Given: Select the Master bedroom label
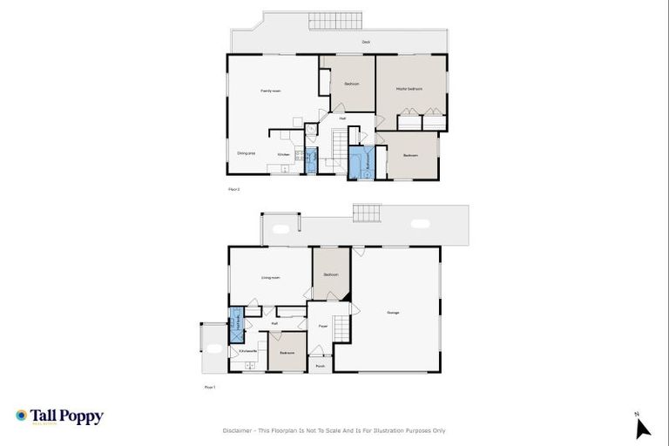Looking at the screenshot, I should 409,89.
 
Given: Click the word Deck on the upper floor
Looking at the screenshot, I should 367,42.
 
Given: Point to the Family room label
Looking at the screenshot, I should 270,90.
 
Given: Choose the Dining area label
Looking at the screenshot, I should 246,152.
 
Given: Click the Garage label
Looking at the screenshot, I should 392,313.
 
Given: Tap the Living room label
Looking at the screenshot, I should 270,278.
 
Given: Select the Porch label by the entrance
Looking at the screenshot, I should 321,366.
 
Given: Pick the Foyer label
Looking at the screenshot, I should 321,327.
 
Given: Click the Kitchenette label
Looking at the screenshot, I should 247,352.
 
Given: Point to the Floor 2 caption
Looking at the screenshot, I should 233,188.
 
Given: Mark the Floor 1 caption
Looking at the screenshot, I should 209,386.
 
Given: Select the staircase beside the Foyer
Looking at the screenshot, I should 341,328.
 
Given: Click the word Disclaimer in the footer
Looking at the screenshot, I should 238,430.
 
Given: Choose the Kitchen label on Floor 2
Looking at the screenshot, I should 283,155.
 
